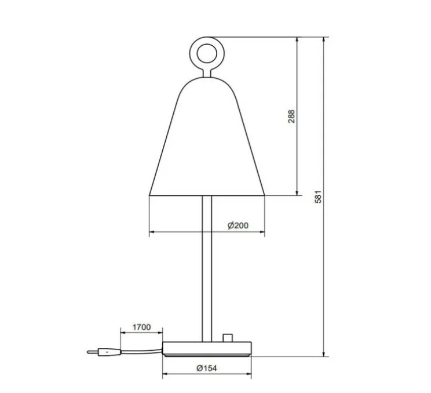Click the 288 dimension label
click(291, 117)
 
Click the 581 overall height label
click(317, 196)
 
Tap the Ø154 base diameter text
click(206, 367)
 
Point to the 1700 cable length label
click(140, 327)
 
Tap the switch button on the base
click(227, 339)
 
